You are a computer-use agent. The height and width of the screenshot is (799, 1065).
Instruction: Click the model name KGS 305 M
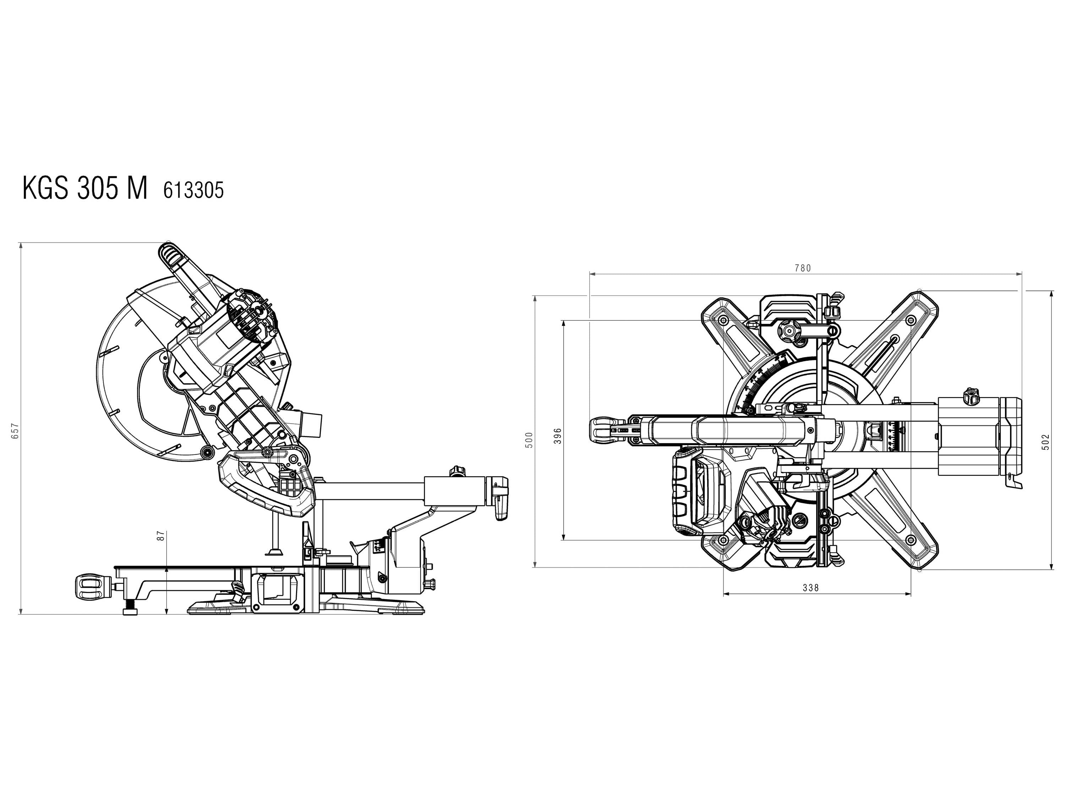point(85,188)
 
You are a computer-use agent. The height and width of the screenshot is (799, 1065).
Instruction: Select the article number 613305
point(193,191)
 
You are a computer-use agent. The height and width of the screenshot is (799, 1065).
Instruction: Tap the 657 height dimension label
point(15,430)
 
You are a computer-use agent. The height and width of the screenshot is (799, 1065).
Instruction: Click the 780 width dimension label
point(803,268)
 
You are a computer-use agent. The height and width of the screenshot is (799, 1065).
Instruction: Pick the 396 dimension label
point(558,436)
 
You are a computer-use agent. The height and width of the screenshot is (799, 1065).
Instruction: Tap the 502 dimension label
point(1045,442)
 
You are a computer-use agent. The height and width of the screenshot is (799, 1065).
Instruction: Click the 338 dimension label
point(811,588)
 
